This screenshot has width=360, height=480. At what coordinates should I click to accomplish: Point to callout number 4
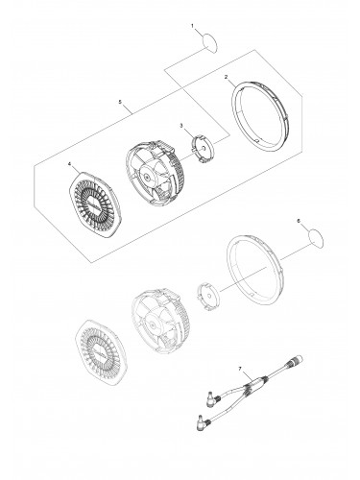[69, 164]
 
